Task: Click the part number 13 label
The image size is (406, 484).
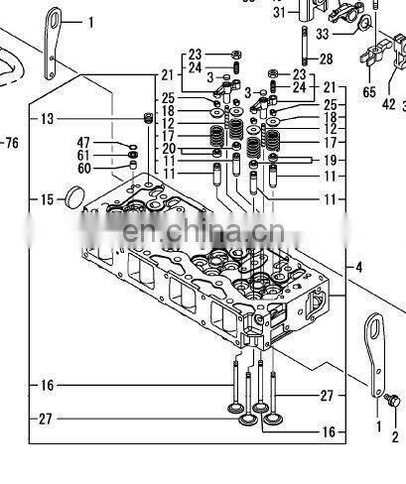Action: click(47, 119)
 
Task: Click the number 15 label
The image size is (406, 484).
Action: click(47, 200)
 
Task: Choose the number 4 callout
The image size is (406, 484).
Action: click(359, 267)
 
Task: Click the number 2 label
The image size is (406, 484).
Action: click(394, 436)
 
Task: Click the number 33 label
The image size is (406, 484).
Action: click(322, 33)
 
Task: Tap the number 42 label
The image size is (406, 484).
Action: click(388, 103)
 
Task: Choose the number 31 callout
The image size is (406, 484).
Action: click(279, 12)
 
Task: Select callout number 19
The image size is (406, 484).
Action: click(330, 159)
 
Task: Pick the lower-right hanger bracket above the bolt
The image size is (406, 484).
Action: click(375, 352)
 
